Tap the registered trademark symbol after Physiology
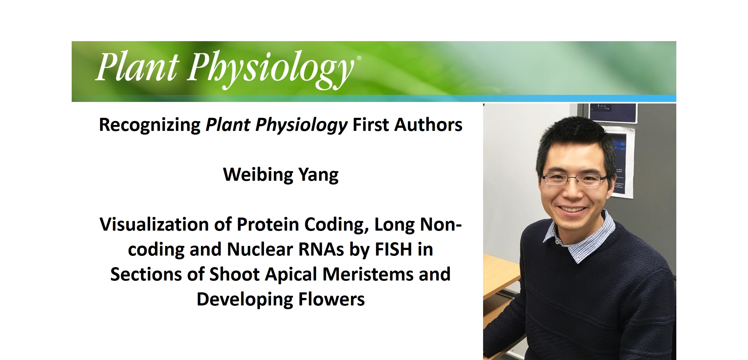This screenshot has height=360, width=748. click(x=359, y=58)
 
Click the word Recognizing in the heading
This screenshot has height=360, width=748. click(x=150, y=125)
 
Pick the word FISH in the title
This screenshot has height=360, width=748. click(x=393, y=249)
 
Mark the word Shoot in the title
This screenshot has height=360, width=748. click(x=234, y=274)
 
